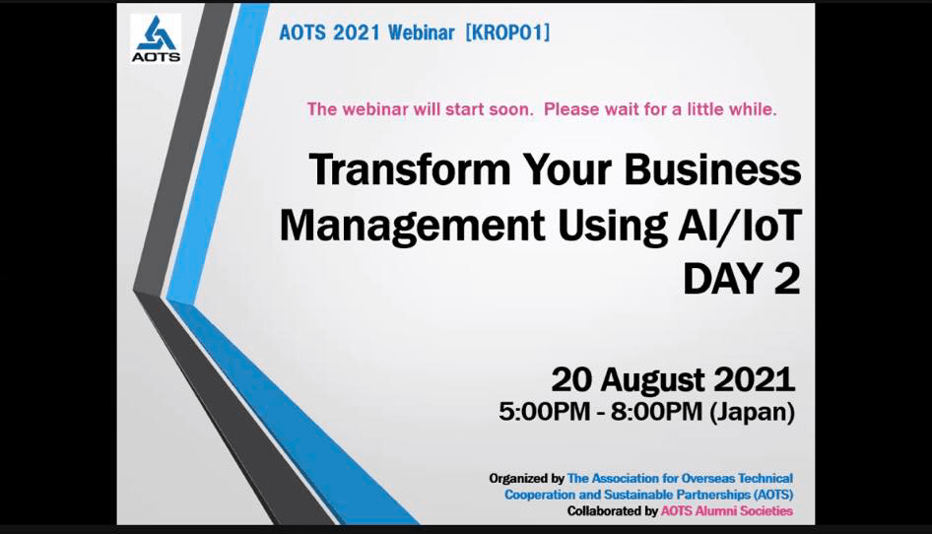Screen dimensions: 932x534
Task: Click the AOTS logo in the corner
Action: [156, 38]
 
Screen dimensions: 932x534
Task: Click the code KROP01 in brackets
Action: [507, 33]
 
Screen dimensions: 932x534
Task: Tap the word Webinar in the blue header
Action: [422, 33]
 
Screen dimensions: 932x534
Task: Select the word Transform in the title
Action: [410, 170]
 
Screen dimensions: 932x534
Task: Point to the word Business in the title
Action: [712, 170]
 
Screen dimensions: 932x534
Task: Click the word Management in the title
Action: [413, 227]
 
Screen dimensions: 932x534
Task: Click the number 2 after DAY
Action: [787, 279]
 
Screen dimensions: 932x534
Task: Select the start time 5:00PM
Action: [545, 412]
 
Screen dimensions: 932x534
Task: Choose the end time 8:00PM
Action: [657, 412]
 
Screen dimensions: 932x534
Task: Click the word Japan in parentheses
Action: [753, 412]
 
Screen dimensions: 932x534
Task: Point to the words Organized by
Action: [527, 479]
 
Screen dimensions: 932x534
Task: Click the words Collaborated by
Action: [612, 510]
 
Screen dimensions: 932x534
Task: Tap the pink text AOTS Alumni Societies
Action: [727, 510]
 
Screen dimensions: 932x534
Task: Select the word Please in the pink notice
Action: [571, 109]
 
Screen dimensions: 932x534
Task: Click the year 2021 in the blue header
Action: [356, 33]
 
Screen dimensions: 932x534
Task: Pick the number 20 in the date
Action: [571, 380]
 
